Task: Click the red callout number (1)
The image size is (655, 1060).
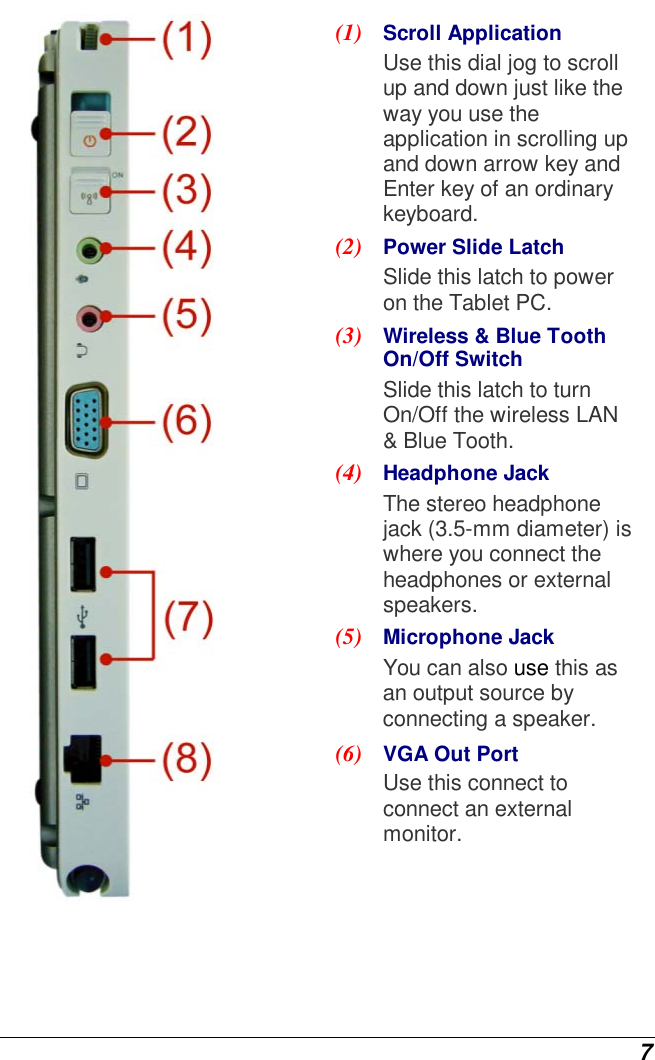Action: pyautogui.click(x=187, y=40)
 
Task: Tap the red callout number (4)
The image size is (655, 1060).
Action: pyautogui.click(x=187, y=248)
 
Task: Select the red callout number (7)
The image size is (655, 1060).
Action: pyautogui.click(x=188, y=618)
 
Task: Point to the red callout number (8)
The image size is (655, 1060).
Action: pyautogui.click(x=187, y=761)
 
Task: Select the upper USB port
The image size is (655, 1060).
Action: pyautogui.click(x=84, y=566)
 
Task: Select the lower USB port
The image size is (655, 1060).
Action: pyautogui.click(x=84, y=662)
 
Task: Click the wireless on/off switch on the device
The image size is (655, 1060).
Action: pyautogui.click(x=88, y=191)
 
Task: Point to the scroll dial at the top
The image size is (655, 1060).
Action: pyautogui.click(x=87, y=38)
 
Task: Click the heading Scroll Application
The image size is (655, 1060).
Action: pyautogui.click(x=472, y=33)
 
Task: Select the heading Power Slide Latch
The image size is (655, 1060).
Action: pyautogui.click(x=473, y=247)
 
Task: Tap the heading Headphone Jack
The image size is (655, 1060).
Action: pyautogui.click(x=466, y=473)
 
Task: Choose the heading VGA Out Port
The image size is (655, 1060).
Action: pyautogui.click(x=450, y=754)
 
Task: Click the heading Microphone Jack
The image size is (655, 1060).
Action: pyautogui.click(x=468, y=637)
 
